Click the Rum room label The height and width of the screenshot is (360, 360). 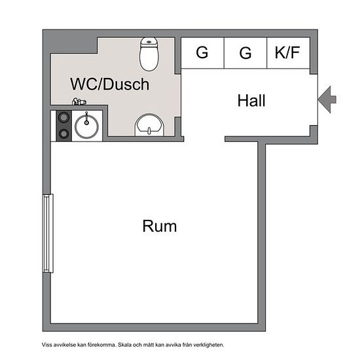tap(160, 226)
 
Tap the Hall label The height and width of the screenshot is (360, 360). tap(251, 101)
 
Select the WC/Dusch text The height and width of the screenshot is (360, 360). tap(110, 84)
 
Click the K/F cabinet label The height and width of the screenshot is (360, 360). tap(287, 52)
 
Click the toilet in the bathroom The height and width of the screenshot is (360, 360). tap(149, 54)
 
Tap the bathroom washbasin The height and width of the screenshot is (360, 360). tap(150, 125)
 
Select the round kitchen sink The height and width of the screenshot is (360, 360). tap(86, 126)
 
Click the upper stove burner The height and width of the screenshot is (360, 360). tap(63, 118)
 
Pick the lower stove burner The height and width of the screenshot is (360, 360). tap(63, 134)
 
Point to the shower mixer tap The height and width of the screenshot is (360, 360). tap(79, 101)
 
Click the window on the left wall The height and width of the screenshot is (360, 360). tap(48, 233)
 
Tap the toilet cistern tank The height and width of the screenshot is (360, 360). tap(149, 42)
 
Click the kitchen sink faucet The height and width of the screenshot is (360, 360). tap(86, 118)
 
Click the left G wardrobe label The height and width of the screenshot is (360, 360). tap(202, 52)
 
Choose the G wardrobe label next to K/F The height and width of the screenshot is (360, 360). tap(245, 53)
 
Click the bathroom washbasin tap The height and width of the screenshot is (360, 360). tap(149, 131)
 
